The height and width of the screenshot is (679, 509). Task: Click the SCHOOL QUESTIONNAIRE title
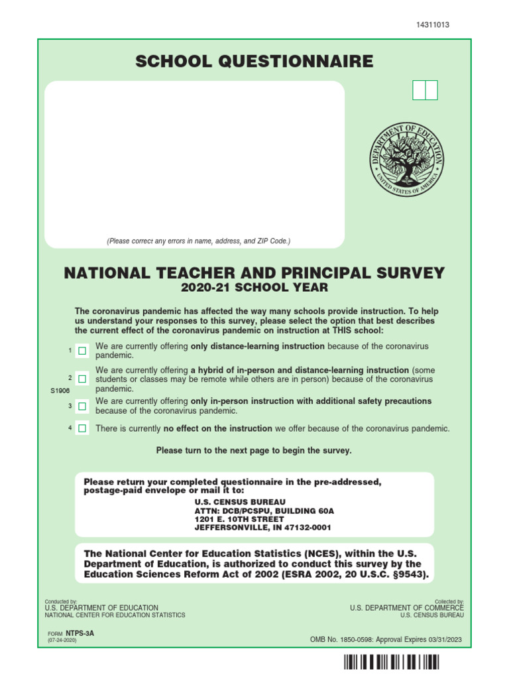coord(254,62)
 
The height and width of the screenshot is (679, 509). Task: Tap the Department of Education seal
coord(406,158)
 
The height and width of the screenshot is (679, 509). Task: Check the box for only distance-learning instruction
coord(82,350)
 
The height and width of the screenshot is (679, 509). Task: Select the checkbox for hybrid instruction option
coord(82,379)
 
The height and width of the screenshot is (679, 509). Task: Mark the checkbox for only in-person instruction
coord(82,406)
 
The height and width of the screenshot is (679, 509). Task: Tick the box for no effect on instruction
coord(82,428)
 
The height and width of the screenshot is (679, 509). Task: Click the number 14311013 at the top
coord(432,25)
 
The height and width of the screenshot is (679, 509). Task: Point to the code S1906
coord(60,391)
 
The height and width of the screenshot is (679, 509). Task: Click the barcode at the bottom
coord(391,662)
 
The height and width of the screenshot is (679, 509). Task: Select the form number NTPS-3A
coord(80,633)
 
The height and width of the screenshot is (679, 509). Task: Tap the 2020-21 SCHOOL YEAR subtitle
coord(254,288)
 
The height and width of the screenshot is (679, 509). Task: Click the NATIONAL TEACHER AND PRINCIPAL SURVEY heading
coord(254,273)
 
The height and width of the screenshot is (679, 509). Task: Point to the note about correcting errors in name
coord(198,241)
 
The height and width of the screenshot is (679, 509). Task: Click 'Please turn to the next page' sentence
coord(254,450)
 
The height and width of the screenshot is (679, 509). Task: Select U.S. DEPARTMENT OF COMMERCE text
coord(406,607)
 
